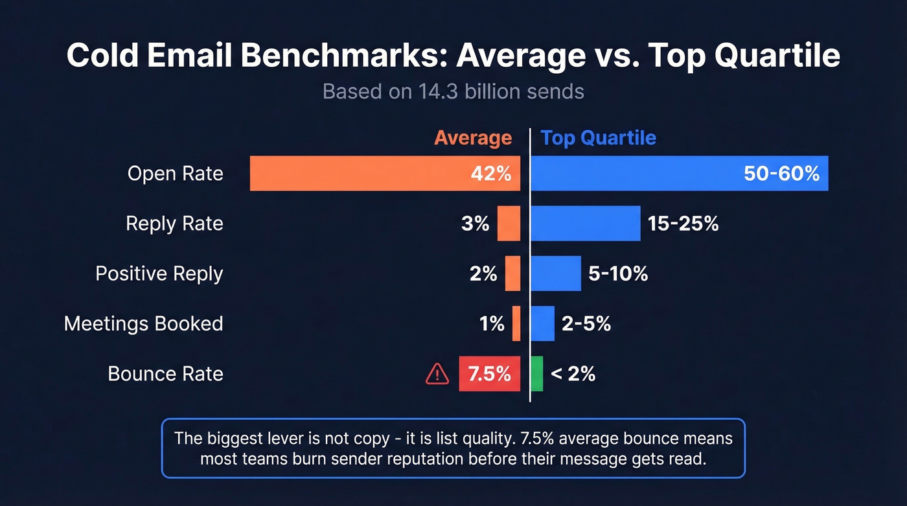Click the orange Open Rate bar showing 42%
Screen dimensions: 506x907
[385, 174]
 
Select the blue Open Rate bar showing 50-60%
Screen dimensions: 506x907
[679, 174]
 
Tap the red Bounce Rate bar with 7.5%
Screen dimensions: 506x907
[489, 374]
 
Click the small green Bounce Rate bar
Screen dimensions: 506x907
[536, 374]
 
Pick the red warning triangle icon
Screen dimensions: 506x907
[437, 374]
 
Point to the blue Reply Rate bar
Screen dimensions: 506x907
[585, 224]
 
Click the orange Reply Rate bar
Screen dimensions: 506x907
[509, 224]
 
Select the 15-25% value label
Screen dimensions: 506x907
[683, 224]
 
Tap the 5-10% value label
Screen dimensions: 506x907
[618, 273]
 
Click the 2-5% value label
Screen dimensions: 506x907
[586, 323]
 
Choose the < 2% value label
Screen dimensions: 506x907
[573, 374]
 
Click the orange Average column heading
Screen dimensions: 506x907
[473, 138]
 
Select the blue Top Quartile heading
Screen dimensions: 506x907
[598, 138]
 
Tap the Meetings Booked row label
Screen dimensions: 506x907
[143, 323]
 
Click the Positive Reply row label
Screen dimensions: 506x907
[159, 273]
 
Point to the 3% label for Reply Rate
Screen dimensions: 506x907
[476, 224]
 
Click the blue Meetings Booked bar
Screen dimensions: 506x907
[542, 323]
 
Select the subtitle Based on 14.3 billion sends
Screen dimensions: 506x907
[453, 91]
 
